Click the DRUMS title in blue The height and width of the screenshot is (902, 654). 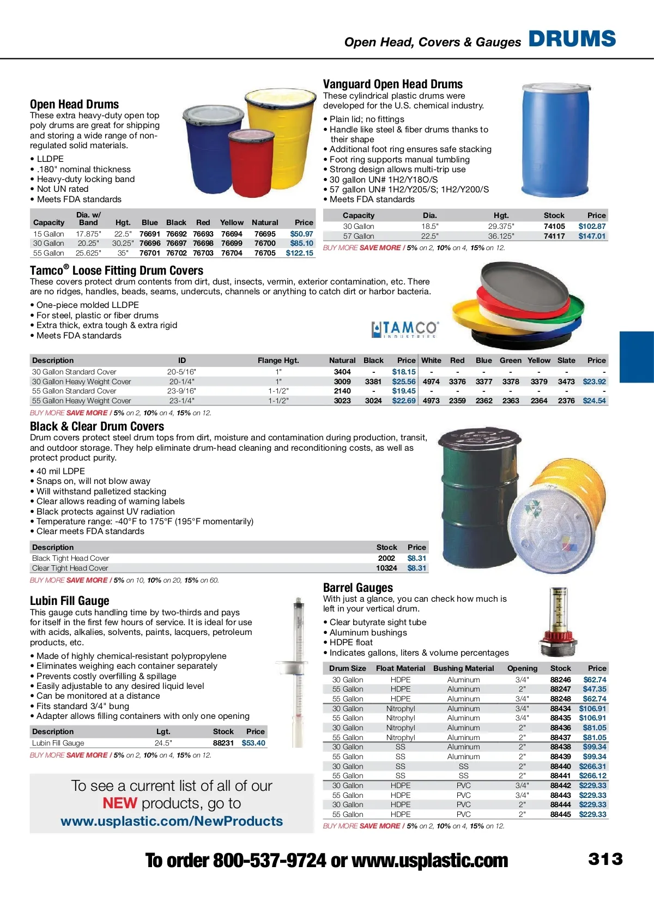[572, 39]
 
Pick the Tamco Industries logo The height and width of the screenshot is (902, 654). [405, 329]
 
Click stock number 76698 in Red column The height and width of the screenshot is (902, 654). [203, 243]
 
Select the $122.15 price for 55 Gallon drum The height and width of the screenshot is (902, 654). [299, 253]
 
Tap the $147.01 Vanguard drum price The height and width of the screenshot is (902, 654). [592, 236]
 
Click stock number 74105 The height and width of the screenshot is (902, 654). [554, 226]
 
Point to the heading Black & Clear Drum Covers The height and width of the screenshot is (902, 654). [97, 426]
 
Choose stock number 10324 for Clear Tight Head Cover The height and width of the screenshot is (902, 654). [386, 568]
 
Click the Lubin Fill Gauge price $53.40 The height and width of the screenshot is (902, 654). [253, 743]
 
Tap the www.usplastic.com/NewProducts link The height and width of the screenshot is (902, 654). [172, 821]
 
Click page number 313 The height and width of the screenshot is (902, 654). [605, 859]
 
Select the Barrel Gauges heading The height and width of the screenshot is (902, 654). [358, 588]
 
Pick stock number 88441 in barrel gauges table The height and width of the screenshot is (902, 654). [560, 776]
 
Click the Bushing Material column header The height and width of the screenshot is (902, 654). [463, 668]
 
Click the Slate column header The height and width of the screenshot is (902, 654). [566, 360]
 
